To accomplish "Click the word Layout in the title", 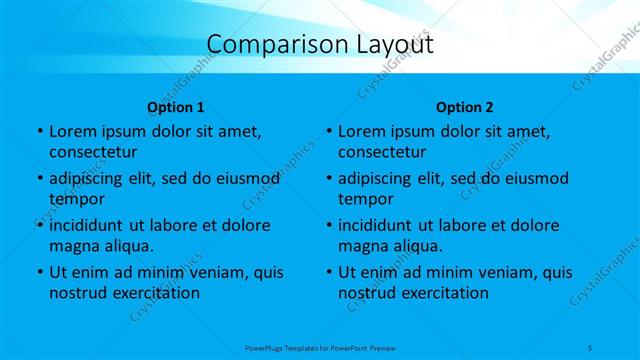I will (391, 45).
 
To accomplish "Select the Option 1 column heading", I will (176, 106).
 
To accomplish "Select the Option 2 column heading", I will (465, 106).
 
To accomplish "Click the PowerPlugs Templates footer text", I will (319, 345).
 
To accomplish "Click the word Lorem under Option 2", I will (363, 131).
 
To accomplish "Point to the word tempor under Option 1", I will (74, 199).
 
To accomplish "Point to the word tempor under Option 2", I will (364, 199).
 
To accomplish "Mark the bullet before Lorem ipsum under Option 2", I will (328, 132).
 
